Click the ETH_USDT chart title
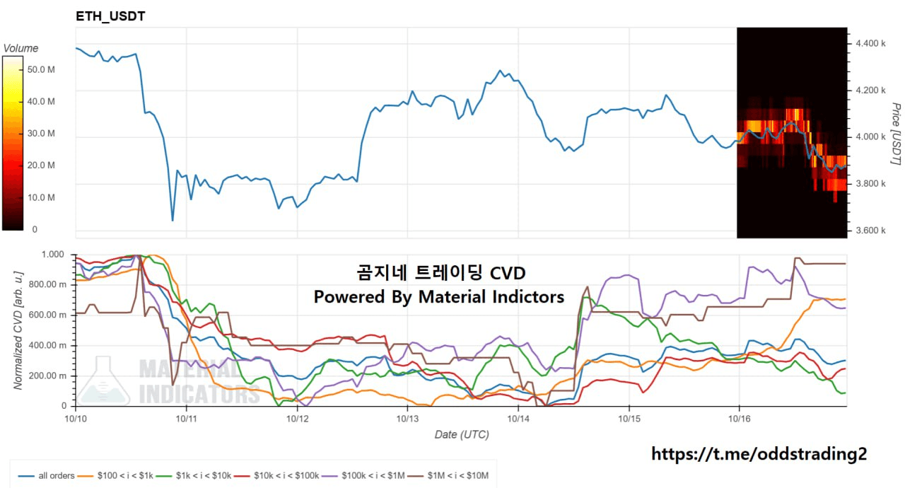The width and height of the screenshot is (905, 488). coord(110,16)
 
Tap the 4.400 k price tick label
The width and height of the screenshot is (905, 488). coord(870,44)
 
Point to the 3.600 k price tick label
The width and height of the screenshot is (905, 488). coord(870,231)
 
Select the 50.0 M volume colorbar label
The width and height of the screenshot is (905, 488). coord(41,69)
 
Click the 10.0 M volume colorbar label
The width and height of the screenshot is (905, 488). coord(41,197)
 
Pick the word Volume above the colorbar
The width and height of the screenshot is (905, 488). coord(21,49)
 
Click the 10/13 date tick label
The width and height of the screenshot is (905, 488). coord(407,419)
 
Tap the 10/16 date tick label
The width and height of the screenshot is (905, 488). coord(740,419)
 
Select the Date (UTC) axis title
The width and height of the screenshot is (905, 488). coord(461,434)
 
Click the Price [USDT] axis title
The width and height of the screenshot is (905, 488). coord(895,134)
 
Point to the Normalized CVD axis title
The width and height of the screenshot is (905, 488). coord(18,329)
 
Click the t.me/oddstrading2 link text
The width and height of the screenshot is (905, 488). coord(758,454)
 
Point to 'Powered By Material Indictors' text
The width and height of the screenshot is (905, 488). coord(438,297)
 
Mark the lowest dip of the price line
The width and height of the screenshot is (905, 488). coord(173,221)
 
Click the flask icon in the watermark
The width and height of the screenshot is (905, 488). coord(104,382)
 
